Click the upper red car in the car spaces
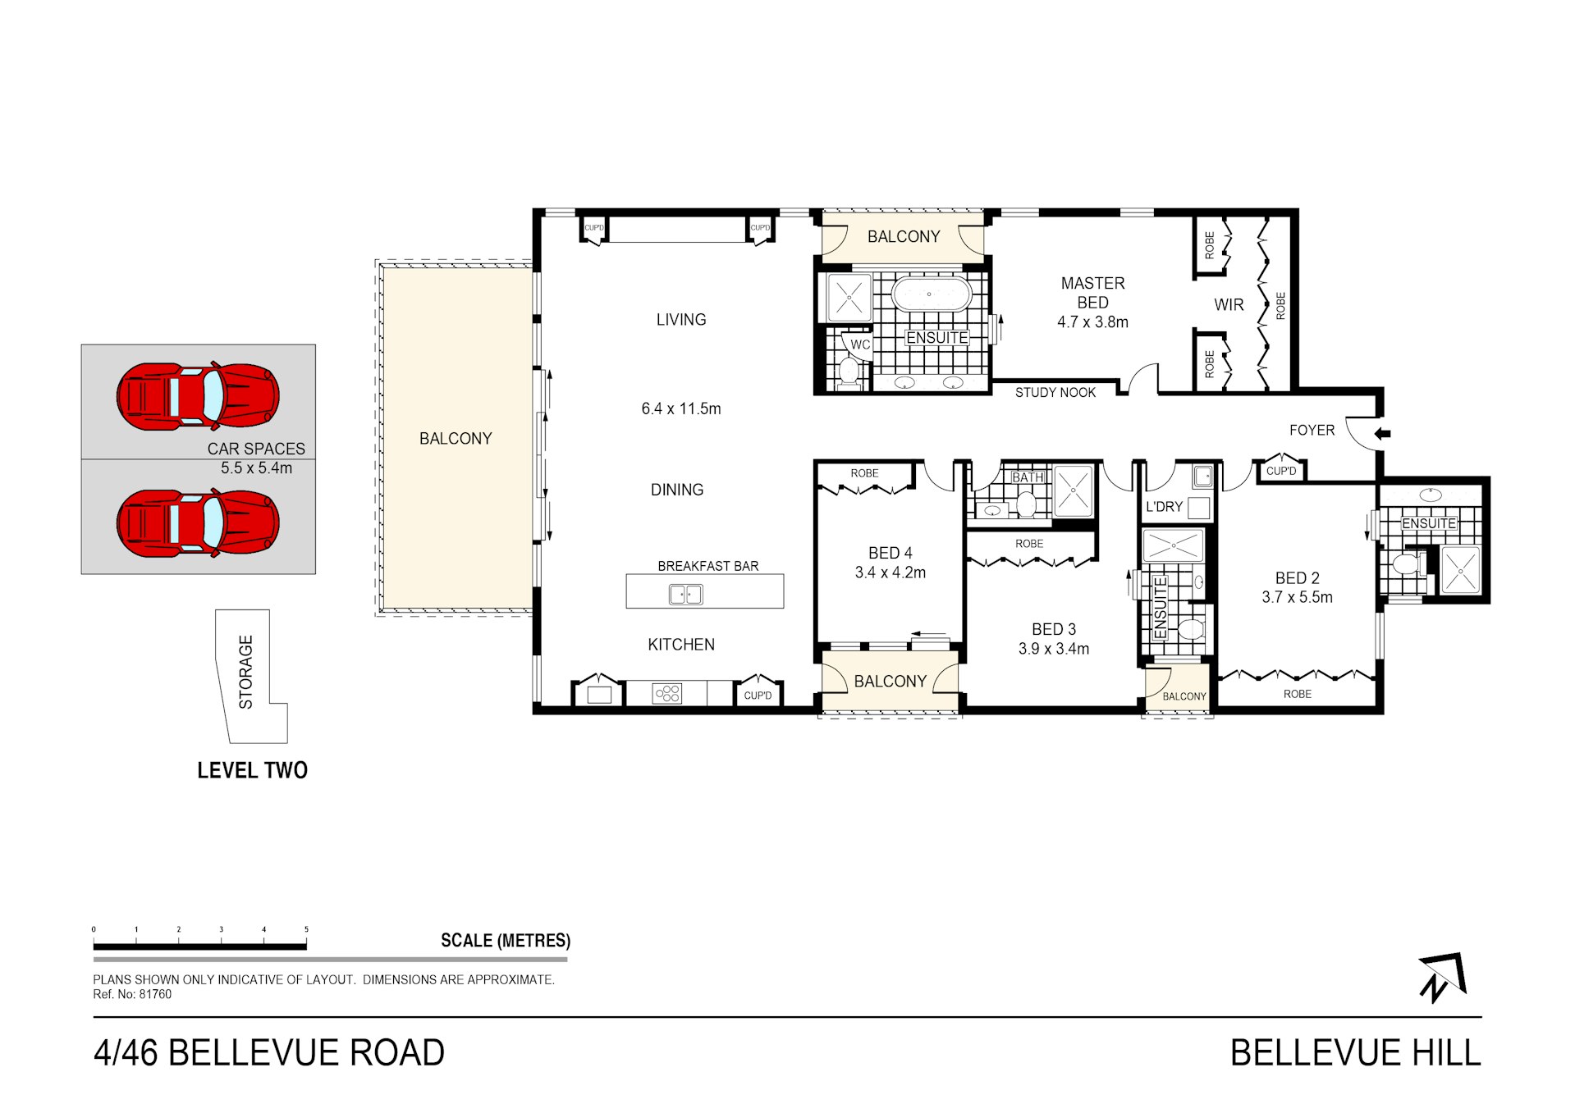(x=198, y=396)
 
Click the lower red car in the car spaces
(x=198, y=523)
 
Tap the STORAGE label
(x=245, y=672)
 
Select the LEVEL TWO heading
(x=252, y=770)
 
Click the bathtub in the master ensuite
(x=931, y=294)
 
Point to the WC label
(x=859, y=344)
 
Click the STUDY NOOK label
(x=1055, y=393)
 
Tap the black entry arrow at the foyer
(x=1382, y=434)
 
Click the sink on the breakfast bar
(x=685, y=594)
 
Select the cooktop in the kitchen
(x=666, y=694)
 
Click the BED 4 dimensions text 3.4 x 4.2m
(x=890, y=572)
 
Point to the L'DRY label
(x=1163, y=507)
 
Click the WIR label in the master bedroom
(x=1229, y=305)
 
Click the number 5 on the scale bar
(x=306, y=929)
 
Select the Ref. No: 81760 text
(x=132, y=994)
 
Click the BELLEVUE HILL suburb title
(x=1355, y=1053)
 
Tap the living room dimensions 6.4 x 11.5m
(x=680, y=408)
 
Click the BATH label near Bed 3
(x=1027, y=477)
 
